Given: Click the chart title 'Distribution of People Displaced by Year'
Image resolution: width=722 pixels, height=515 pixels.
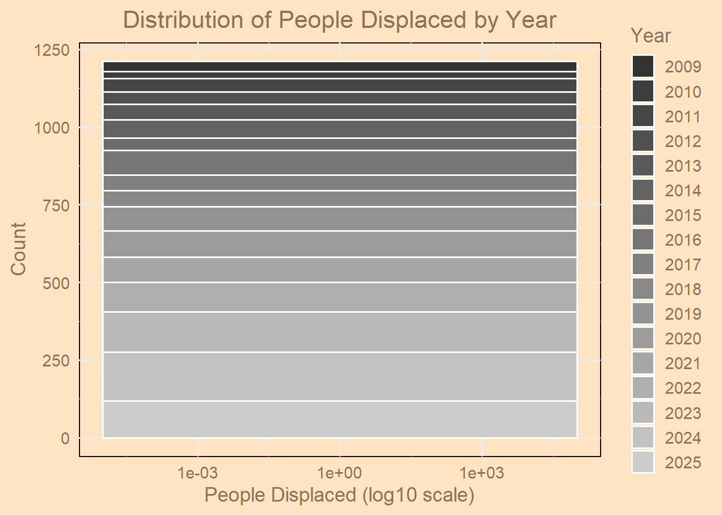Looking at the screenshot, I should point(340,20).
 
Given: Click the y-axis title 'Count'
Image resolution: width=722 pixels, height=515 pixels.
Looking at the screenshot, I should point(18,249).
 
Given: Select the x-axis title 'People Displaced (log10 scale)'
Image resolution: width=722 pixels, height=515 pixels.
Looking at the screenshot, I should point(340,495).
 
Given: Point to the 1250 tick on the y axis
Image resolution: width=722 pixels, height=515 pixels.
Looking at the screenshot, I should point(52,50).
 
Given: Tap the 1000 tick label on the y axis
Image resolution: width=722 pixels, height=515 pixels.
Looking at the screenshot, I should point(52,128).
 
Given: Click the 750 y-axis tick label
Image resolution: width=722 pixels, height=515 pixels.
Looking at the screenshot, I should point(56,205).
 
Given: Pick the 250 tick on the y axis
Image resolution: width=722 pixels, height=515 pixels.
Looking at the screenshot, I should point(56,360).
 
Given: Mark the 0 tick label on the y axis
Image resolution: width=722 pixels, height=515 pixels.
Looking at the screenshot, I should point(65,438).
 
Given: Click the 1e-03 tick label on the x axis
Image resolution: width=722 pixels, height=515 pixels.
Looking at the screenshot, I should point(198,473).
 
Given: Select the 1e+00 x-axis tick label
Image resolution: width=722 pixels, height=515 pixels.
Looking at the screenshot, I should point(340,473).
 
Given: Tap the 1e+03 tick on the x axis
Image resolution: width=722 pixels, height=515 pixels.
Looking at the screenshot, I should point(482,473).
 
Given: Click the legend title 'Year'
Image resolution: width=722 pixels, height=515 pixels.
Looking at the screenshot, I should point(651,36).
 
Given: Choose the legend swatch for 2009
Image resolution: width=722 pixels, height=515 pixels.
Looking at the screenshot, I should point(643,67).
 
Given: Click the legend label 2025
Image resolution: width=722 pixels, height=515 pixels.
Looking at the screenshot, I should point(683,463).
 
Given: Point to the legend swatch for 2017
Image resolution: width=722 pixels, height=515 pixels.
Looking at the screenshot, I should point(643,264).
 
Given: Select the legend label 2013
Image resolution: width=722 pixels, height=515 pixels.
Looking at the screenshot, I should point(683,166).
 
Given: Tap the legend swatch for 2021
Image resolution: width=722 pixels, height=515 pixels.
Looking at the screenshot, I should point(643,364).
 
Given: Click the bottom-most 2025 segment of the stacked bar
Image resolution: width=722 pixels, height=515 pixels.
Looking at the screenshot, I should point(340,420).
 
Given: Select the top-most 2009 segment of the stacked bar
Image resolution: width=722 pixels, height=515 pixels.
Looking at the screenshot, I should point(340,66).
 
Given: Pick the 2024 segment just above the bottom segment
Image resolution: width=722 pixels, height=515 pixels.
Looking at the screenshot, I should point(340,376).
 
